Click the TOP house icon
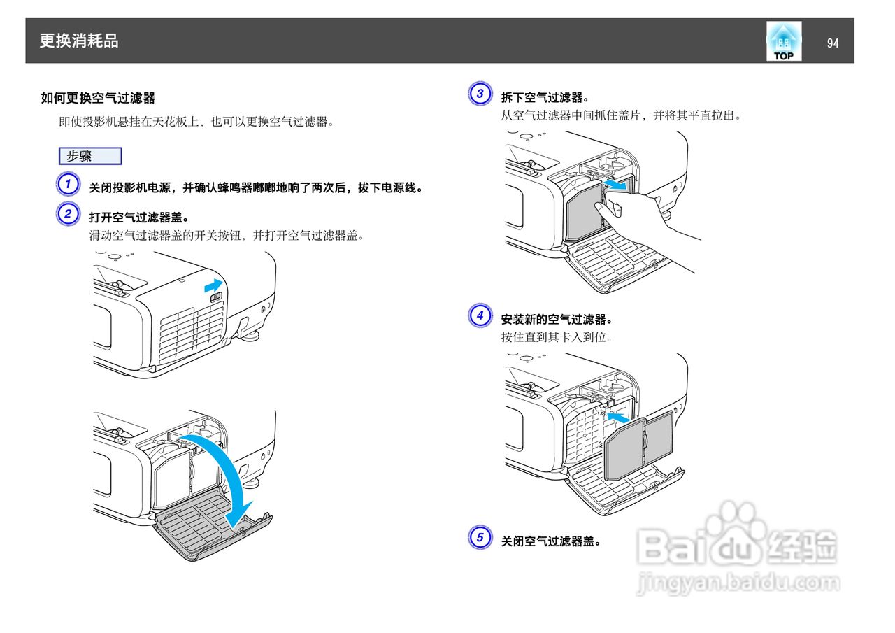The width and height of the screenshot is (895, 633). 783,41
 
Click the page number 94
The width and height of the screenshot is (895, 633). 832,43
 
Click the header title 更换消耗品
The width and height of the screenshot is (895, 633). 79,41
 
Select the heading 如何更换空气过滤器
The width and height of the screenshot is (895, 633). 98,98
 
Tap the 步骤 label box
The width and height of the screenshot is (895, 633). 90,156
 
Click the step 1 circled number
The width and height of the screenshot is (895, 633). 67,185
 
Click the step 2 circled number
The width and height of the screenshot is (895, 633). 67,213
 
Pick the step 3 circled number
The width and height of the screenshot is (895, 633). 480,94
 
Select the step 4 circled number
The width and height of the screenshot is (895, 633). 480,315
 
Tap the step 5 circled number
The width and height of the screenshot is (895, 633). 480,538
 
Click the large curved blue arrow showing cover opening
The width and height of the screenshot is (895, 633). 224,476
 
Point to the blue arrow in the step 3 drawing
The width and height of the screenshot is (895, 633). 615,185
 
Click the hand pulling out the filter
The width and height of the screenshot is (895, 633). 650,224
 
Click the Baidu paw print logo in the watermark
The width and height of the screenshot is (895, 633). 731,528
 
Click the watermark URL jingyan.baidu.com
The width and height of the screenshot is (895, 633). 738,582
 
